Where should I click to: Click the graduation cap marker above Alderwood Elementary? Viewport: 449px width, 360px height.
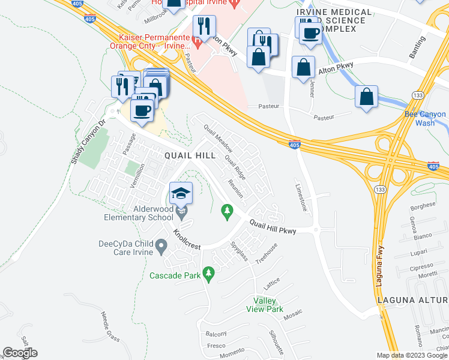(x=181, y=193)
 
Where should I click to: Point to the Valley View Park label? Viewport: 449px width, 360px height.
(x=265, y=305)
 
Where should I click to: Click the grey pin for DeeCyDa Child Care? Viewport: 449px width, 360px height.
(x=161, y=245)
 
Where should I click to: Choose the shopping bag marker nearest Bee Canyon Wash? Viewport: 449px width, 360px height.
(x=366, y=97)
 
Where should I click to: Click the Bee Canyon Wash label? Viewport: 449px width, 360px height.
(x=425, y=118)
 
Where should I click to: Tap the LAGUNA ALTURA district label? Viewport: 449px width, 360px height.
(x=412, y=299)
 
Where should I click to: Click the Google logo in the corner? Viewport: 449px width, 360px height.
(x=20, y=353)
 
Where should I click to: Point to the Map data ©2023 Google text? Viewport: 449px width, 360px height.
(x=412, y=355)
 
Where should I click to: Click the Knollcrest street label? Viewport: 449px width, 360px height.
(x=187, y=239)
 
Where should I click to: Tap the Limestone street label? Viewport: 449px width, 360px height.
(x=301, y=196)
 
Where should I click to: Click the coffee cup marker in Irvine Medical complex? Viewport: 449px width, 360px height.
(x=310, y=34)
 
